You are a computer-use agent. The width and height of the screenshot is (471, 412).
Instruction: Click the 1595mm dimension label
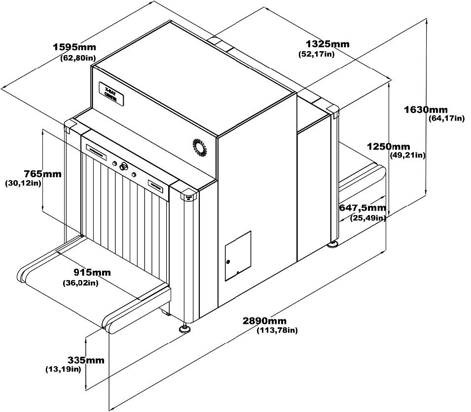pos(74,47)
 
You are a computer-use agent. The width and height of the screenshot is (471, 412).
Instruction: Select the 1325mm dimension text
pos(327,44)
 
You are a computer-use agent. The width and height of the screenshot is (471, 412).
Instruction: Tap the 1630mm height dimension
pos(425,109)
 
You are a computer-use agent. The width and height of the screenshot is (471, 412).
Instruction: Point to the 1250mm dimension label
pos(388,147)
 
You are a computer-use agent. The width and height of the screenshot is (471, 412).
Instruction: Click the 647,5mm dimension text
pos(362,208)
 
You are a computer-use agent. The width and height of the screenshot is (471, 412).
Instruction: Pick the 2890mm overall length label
pos(265,321)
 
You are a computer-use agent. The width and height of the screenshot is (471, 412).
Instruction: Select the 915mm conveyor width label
pos(92,273)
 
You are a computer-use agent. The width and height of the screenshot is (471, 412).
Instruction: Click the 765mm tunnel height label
pos(43,174)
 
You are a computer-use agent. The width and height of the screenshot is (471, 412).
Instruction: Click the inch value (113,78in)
pos(277,330)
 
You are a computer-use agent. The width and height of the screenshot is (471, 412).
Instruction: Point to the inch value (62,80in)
pos(78,58)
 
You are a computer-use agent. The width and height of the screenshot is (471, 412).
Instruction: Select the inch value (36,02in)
pos(80,283)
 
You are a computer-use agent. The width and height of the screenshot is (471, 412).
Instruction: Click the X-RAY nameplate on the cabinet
pos(111,93)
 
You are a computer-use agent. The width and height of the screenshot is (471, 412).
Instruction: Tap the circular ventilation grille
pos(200,147)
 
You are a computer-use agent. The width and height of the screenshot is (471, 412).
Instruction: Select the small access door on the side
pos(238,255)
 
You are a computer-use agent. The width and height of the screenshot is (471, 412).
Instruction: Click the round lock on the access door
pos(228,261)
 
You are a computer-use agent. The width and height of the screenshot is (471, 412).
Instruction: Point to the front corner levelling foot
pos(186,329)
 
